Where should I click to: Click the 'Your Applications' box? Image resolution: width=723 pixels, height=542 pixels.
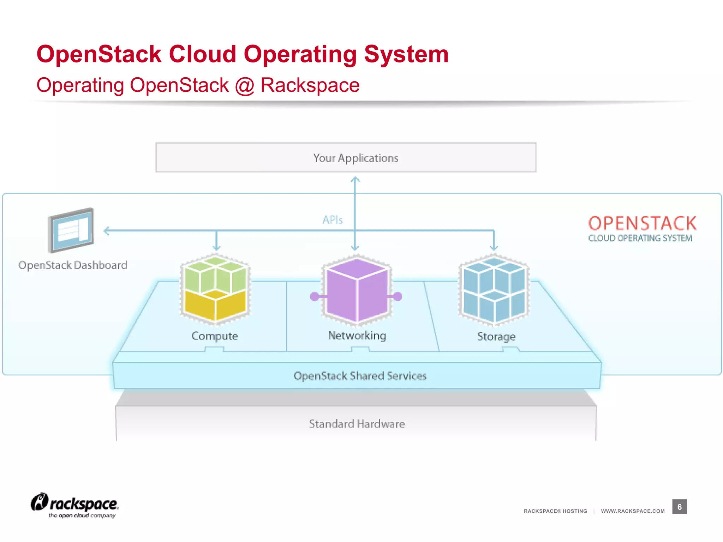[346, 157]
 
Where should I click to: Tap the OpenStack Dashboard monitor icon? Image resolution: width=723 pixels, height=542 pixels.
[71, 230]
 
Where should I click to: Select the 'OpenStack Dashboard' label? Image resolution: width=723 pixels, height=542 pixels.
[73, 265]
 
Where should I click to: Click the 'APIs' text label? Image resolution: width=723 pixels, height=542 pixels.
[332, 220]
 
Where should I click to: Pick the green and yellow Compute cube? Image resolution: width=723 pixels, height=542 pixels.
[215, 289]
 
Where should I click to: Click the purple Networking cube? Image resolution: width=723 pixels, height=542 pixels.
[357, 290]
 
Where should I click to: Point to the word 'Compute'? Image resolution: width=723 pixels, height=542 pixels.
[215, 336]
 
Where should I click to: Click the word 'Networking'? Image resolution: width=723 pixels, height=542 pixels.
[357, 335]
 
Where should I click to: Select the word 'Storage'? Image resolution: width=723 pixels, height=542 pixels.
[496, 336]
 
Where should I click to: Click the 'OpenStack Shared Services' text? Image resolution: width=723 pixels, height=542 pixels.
[360, 376]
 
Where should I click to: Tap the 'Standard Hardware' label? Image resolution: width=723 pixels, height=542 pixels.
[357, 423]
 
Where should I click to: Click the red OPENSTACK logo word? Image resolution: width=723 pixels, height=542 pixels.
[642, 223]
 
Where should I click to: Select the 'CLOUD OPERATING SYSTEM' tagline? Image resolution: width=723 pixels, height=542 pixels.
[640, 239]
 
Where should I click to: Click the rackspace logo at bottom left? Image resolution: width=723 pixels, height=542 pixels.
[75, 505]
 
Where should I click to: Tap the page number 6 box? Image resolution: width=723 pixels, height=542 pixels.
[679, 507]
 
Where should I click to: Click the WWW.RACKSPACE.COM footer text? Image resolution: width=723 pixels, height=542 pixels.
[633, 511]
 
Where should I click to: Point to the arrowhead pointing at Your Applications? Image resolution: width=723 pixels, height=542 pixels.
[355, 180]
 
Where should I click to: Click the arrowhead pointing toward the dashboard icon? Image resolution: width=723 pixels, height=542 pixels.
[106, 231]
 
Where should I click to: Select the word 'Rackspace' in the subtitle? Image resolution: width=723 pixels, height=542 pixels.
[310, 85]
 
